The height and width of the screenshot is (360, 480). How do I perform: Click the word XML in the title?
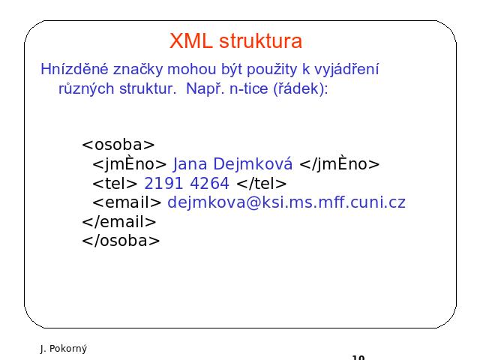(191, 40)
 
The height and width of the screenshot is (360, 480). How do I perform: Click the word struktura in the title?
(260, 40)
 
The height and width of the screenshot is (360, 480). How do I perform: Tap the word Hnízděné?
(74, 69)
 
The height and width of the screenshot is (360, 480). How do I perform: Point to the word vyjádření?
(346, 70)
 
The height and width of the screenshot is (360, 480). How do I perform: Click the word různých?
(86, 89)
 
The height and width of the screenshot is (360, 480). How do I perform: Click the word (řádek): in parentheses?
(300, 89)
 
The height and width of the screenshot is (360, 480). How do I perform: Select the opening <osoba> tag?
(118, 145)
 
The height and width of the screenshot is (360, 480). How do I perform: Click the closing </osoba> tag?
(121, 241)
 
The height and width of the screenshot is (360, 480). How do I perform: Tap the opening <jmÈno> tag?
(130, 163)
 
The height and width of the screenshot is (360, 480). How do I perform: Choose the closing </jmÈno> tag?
(340, 163)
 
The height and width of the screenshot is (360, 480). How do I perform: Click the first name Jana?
(190, 164)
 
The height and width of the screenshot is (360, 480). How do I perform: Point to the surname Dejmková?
(253, 164)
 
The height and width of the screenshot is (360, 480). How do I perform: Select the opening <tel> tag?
(115, 183)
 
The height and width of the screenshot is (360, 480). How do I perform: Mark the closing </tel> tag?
(262, 183)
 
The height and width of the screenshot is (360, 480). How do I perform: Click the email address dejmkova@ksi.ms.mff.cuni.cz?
(286, 202)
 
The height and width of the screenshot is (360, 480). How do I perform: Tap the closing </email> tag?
(119, 222)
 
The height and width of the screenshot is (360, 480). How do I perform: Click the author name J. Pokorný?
(63, 349)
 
